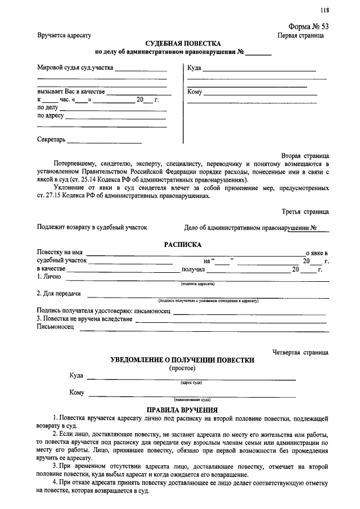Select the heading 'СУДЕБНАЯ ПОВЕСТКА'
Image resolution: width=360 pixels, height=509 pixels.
click(x=183, y=43)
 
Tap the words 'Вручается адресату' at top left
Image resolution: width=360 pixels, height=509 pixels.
click(x=64, y=35)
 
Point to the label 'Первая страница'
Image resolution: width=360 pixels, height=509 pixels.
click(x=300, y=35)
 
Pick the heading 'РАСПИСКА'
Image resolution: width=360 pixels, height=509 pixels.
click(x=182, y=245)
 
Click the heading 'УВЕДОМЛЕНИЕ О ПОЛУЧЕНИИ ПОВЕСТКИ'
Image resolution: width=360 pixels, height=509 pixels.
click(x=182, y=360)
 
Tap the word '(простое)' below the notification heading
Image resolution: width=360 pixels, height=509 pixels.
click(x=182, y=368)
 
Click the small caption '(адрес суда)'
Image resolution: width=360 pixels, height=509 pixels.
click(x=191, y=382)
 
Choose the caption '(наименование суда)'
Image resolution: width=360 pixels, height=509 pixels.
click(x=192, y=399)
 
